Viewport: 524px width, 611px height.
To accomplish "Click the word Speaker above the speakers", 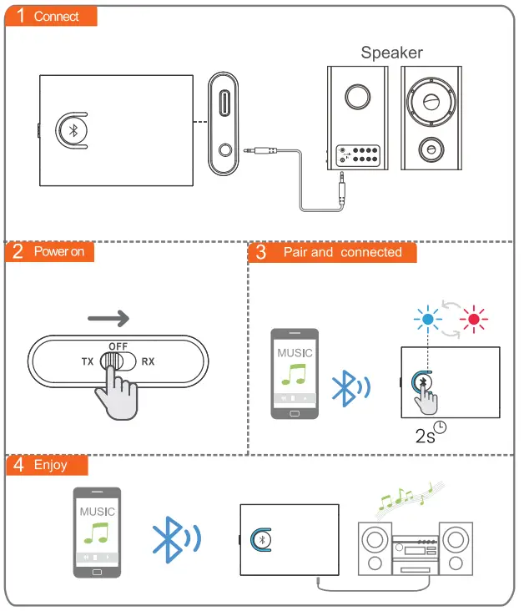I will click(x=391, y=53).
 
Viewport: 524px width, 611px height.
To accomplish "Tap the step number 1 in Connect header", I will click(x=20, y=16).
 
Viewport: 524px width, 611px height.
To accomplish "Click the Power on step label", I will click(x=58, y=251).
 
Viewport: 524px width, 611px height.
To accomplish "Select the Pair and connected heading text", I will click(x=342, y=252).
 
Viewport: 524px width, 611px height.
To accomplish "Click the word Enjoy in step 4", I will click(x=50, y=465).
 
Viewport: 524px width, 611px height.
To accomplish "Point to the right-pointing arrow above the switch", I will click(x=108, y=318).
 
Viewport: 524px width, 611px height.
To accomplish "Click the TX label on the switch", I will click(x=88, y=361).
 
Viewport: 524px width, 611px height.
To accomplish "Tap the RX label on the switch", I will click(x=148, y=361).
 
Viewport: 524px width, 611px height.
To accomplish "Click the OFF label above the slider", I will click(x=117, y=346).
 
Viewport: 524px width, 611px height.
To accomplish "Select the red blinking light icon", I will click(x=476, y=317).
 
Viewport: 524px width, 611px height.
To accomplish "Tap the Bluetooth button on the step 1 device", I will click(x=73, y=131).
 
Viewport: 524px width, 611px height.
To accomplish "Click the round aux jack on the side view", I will click(x=223, y=153).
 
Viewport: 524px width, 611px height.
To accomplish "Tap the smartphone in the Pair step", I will click(x=295, y=374).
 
